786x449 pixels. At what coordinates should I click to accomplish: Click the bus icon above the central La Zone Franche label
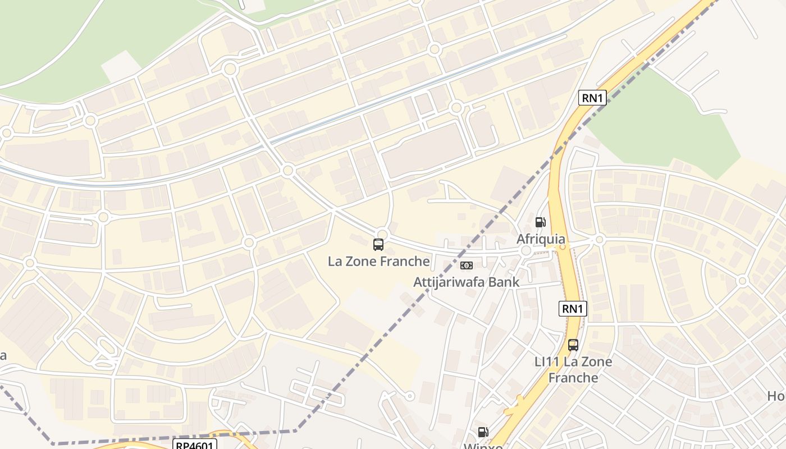378,245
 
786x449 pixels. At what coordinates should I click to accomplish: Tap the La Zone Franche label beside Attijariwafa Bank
379,261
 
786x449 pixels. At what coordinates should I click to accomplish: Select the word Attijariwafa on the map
449,282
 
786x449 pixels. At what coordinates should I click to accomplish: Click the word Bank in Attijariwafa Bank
503,282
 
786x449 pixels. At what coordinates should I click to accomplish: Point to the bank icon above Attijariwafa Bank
467,265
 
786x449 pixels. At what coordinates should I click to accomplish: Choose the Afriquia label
541,239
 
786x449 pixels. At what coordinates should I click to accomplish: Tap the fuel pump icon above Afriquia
540,222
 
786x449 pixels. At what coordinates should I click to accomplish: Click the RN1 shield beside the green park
592,98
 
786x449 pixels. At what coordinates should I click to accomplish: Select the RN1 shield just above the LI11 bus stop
573,308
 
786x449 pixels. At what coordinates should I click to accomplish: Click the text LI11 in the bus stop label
547,362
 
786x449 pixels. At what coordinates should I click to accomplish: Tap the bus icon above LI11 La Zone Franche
573,345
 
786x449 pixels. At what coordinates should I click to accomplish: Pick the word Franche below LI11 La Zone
573,378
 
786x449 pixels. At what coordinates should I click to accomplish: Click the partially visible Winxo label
483,446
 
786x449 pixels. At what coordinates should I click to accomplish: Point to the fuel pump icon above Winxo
483,432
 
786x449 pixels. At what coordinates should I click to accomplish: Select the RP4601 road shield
194,445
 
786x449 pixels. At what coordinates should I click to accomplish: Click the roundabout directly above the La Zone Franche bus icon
382,233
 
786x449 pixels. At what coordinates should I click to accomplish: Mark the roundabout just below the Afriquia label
526,251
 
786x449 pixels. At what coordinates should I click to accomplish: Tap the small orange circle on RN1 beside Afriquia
562,246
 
